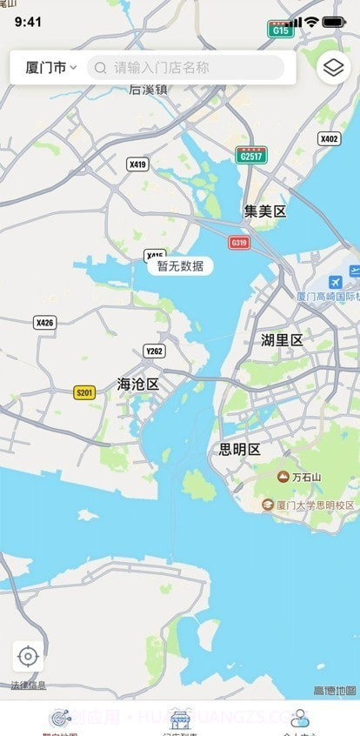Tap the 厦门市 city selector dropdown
click(x=51, y=67)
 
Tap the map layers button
click(x=334, y=67)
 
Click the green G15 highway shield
click(x=280, y=30)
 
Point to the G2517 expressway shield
click(x=251, y=155)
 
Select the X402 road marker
click(x=330, y=138)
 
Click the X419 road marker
click(x=137, y=164)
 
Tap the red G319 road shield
click(x=239, y=243)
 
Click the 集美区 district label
click(x=264, y=211)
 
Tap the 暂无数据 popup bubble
click(x=180, y=266)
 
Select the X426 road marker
click(x=44, y=323)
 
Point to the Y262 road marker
click(x=154, y=351)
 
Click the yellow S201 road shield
click(x=84, y=392)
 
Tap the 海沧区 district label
click(x=138, y=384)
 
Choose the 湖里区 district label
click(x=283, y=340)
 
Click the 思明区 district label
click(x=239, y=449)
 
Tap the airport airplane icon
click(x=336, y=283)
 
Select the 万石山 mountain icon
click(x=283, y=476)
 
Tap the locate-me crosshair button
click(x=28, y=656)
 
